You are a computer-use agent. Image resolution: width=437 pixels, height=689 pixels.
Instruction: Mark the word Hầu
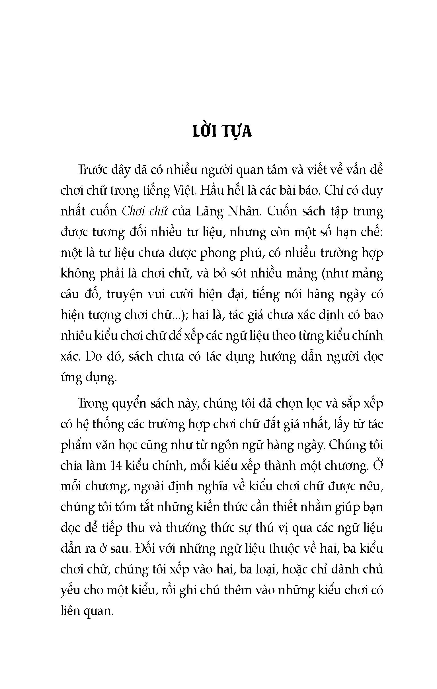(x=210, y=190)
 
